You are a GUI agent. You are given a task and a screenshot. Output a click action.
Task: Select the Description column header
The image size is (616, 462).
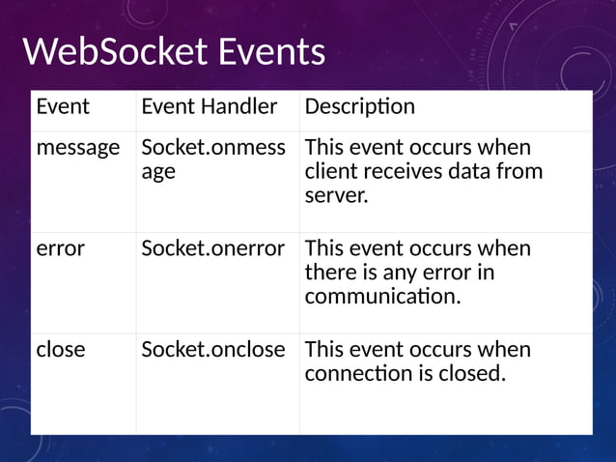pyautogui.click(x=359, y=106)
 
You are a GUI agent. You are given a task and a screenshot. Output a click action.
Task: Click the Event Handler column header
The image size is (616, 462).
pyautogui.click(x=209, y=106)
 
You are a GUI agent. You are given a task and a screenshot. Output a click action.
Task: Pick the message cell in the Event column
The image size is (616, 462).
pyautogui.click(x=77, y=148)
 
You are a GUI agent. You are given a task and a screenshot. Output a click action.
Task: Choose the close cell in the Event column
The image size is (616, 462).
pyautogui.click(x=60, y=349)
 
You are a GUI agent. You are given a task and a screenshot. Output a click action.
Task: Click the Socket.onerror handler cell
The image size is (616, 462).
pyautogui.click(x=212, y=248)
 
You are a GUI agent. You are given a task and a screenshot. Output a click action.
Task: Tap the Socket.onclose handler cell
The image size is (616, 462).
pyautogui.click(x=212, y=349)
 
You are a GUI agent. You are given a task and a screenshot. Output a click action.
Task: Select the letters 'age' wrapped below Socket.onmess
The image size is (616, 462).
pyautogui.click(x=158, y=173)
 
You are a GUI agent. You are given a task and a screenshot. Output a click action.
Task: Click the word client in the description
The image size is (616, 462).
pyautogui.click(x=330, y=172)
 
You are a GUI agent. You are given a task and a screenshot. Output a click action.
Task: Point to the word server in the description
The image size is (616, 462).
pyautogui.click(x=334, y=196)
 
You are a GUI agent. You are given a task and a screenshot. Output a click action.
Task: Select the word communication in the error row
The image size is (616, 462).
pyautogui.click(x=380, y=297)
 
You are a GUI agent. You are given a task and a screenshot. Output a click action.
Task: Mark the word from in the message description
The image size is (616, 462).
pyautogui.click(x=520, y=172)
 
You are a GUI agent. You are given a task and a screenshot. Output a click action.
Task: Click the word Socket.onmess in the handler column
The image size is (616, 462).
pyautogui.click(x=212, y=148)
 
